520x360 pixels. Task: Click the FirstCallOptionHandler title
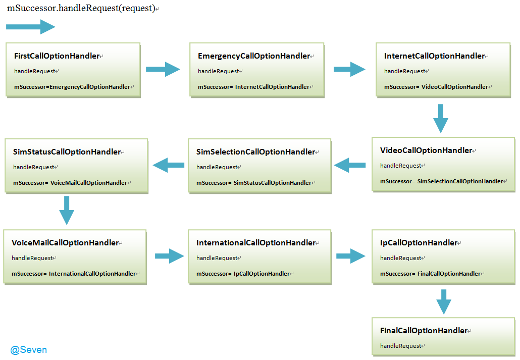[57, 56]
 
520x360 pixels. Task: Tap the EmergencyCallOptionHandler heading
[254, 56]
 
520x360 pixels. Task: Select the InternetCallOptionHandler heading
[435, 56]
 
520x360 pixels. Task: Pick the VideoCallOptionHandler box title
[426, 150]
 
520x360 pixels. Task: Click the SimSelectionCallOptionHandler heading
[255, 152]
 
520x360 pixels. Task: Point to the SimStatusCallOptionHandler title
[67, 152]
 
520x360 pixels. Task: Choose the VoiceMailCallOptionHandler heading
[65, 243]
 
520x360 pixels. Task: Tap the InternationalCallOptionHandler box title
[256, 243]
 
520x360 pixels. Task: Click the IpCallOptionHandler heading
[419, 243]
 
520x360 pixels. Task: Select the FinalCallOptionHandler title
[424, 331]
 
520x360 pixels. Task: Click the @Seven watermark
[28, 350]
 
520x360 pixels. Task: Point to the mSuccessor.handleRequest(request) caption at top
[81, 8]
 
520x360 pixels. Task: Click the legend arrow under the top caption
[30, 27]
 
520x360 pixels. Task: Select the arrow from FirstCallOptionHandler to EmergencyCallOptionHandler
[163, 69]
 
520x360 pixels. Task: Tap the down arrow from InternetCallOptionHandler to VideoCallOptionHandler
[441, 119]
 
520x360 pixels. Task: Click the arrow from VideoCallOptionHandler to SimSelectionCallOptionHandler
[349, 165]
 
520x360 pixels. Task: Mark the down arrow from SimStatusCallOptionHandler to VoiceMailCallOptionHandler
[67, 211]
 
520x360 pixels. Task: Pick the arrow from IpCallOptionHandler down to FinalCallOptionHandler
[444, 302]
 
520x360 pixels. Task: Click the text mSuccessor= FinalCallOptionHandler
[430, 274]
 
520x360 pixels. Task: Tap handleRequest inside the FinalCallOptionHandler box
[401, 346]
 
